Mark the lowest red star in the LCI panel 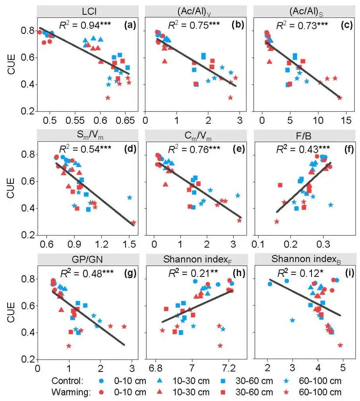pos(108,97)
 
